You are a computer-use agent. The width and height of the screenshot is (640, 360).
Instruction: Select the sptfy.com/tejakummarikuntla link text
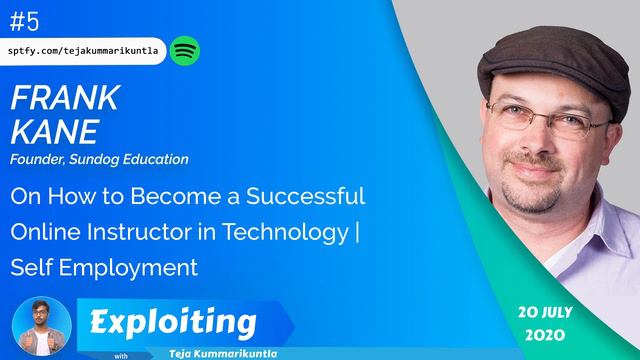point(84,50)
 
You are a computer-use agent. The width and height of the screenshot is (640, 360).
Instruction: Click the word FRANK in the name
point(65,98)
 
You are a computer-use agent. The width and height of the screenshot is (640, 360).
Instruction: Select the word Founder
point(36,159)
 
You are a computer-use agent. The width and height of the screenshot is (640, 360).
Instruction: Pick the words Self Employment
point(105,267)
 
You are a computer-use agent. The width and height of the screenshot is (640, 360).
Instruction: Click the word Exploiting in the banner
point(171,322)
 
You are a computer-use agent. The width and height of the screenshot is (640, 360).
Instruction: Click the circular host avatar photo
point(43,325)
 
